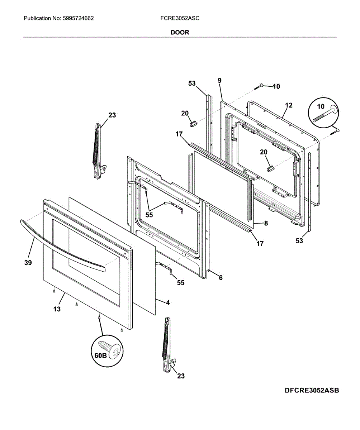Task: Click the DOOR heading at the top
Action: [180, 32]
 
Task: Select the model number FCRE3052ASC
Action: [180, 18]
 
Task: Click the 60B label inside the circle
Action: [101, 355]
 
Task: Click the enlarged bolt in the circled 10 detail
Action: [324, 114]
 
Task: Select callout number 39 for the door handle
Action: [28, 263]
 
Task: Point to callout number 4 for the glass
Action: [167, 302]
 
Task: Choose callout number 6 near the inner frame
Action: [221, 277]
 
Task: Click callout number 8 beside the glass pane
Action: [266, 223]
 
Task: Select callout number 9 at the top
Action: [219, 81]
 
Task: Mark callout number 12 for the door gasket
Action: [289, 105]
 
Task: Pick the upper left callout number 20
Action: [185, 113]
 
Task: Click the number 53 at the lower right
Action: [299, 241]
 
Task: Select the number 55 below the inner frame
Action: [180, 282]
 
